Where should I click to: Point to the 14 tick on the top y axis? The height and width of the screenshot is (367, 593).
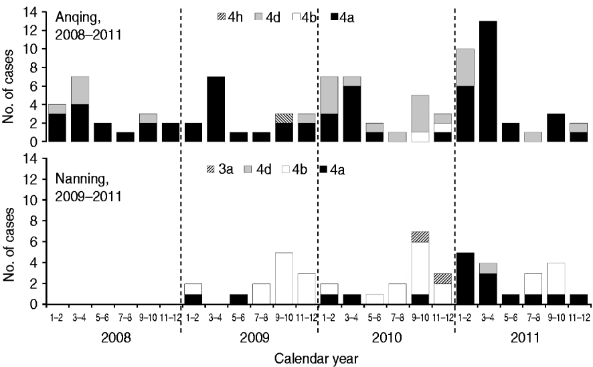[x=31, y=13]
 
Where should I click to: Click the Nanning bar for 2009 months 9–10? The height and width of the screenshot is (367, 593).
[x=284, y=278]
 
